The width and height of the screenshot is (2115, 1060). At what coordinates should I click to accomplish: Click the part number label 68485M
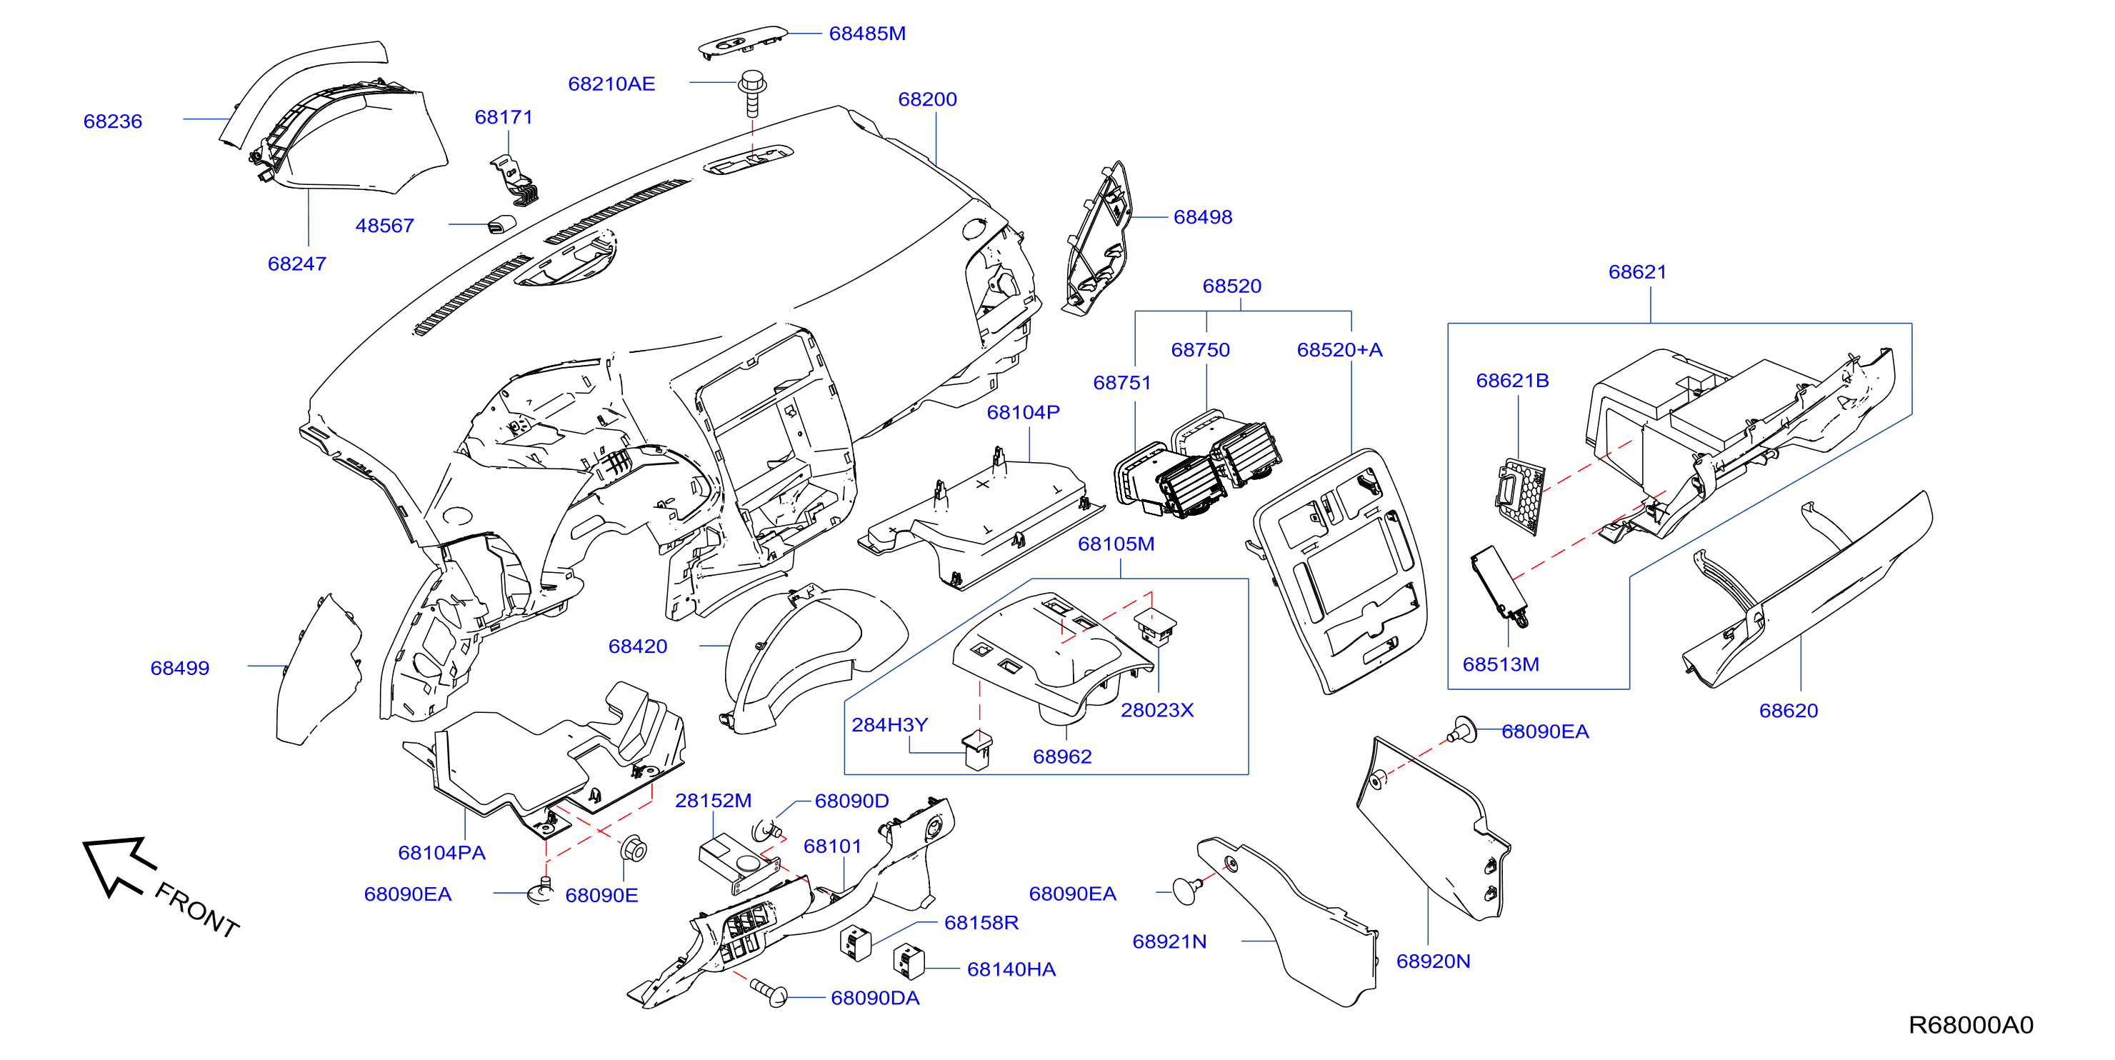coord(867,34)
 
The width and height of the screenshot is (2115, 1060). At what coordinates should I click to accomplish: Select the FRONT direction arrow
coord(119,866)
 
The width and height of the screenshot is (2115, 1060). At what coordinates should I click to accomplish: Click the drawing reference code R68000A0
coord(1971,1025)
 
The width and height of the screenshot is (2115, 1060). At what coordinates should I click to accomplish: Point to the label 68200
coord(927,99)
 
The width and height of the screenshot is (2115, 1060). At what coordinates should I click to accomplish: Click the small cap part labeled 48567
coord(501,224)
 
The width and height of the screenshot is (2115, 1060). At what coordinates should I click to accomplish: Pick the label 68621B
coord(1512,381)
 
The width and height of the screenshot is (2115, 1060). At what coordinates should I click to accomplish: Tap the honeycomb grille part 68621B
coord(1520,496)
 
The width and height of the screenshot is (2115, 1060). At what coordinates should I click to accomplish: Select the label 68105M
coord(1116,544)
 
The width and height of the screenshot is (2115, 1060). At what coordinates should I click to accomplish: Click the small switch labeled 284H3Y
coord(977,749)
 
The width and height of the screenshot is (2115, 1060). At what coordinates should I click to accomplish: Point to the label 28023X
coord(1157,710)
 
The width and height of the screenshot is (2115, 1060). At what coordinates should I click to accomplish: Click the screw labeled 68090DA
coord(769,992)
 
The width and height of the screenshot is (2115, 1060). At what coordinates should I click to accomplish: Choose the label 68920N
coord(1433,961)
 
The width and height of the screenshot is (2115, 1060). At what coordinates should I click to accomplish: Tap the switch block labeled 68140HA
coord(908,961)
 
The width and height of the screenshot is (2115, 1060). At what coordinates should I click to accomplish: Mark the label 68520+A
coord(1339,350)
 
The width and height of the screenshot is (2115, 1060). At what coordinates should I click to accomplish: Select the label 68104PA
coord(441,853)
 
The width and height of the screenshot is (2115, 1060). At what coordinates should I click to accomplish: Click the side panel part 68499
coord(319,669)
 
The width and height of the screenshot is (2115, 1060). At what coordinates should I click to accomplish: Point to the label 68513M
coord(1501,665)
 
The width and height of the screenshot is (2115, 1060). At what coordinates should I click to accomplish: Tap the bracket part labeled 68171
coord(515,181)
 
